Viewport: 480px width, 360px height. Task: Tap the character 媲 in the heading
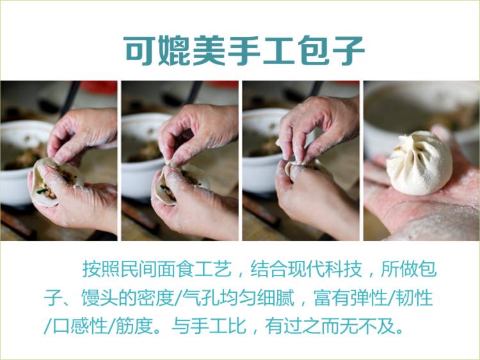pyautogui.click(x=175, y=51)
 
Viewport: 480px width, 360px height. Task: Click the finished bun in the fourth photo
pyautogui.click(x=419, y=163)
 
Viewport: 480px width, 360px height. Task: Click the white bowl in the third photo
pyautogui.click(x=262, y=150)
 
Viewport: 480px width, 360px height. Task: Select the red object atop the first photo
pyautogui.click(x=99, y=87)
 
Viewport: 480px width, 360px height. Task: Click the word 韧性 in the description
pyautogui.click(x=415, y=297)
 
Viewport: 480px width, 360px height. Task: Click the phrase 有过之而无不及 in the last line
pyautogui.click(x=330, y=326)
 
